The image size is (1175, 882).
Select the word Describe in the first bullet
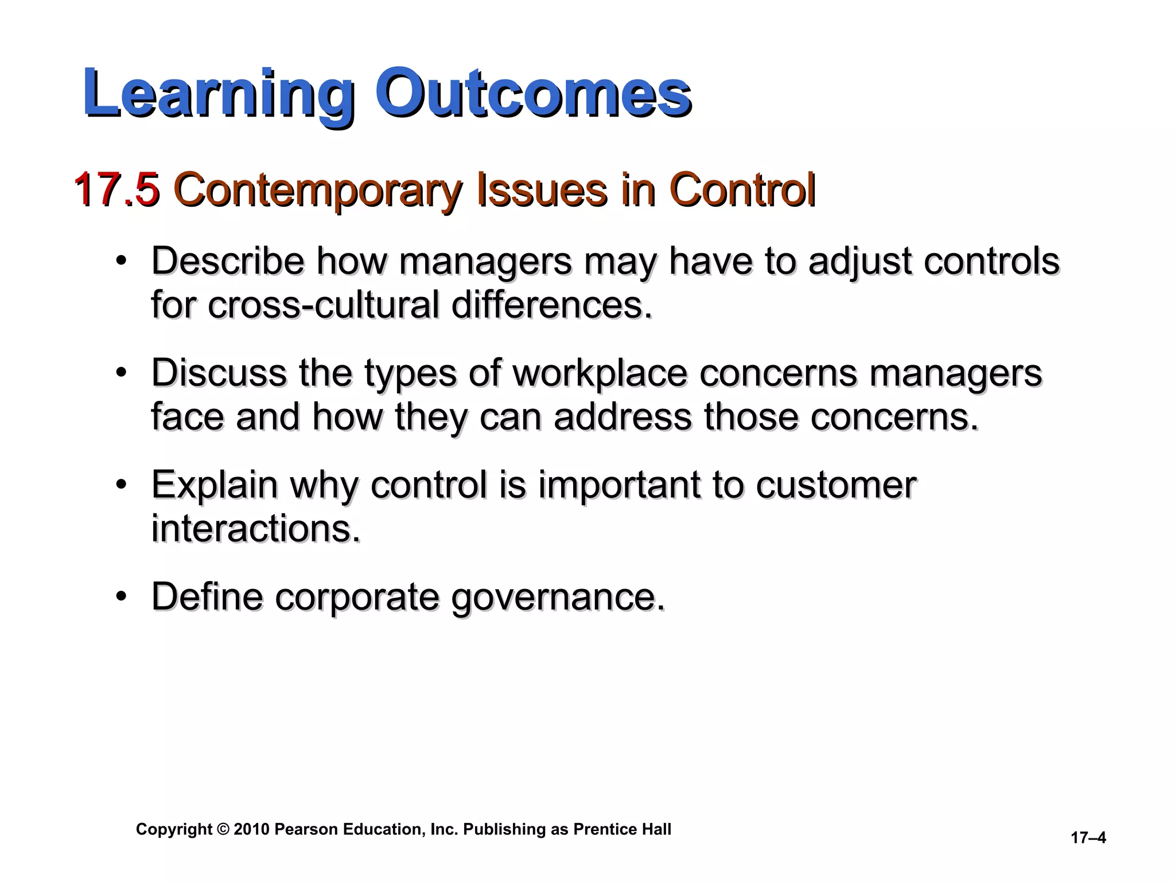click(x=227, y=261)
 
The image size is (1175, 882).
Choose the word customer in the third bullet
click(x=835, y=485)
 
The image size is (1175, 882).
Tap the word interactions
click(x=255, y=528)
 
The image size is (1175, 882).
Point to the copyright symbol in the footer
click(x=223, y=830)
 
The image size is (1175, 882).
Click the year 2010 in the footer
click(x=251, y=830)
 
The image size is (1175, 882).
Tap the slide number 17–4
click(x=1088, y=838)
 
